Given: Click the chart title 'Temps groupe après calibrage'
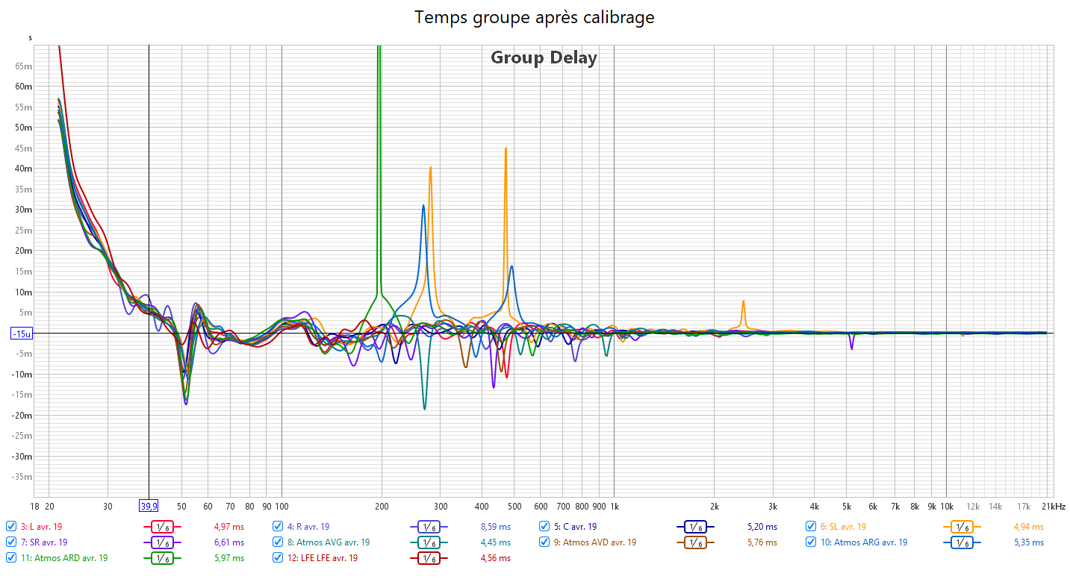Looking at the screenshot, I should pyautogui.click(x=535, y=17).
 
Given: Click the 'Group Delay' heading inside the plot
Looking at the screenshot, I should pyautogui.click(x=544, y=57).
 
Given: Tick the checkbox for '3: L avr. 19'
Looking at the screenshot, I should pyautogui.click(x=11, y=526).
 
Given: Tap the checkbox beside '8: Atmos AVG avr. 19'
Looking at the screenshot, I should pyautogui.click(x=278, y=542).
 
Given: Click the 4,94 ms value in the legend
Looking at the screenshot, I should pyautogui.click(x=1028, y=526).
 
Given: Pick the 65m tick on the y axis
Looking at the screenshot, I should pyautogui.click(x=24, y=66).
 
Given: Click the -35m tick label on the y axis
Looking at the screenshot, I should pyautogui.click(x=22, y=477).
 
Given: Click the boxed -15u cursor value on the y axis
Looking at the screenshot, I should pyautogui.click(x=22, y=334).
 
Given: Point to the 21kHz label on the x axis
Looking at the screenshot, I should pyautogui.click(x=1054, y=506).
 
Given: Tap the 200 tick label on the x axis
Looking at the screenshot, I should pyautogui.click(x=382, y=506).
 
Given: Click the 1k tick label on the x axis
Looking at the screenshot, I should pyautogui.click(x=614, y=506).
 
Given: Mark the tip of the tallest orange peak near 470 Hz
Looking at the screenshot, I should pyautogui.click(x=506, y=148).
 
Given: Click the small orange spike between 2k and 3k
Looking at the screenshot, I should pyautogui.click(x=743, y=301).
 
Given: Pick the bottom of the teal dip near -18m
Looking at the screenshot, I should pyautogui.click(x=424, y=409).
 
